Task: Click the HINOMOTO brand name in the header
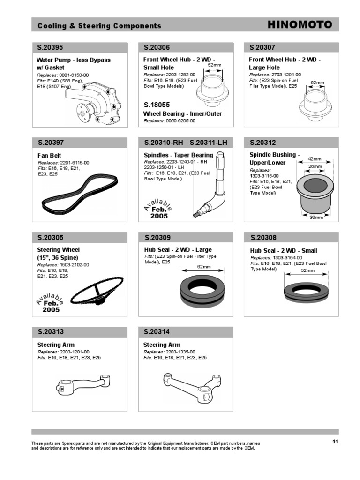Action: point(300,25)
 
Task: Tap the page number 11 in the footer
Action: point(335,442)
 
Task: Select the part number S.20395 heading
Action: point(50,48)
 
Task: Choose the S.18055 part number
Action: point(157,105)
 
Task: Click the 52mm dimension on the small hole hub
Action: point(214,65)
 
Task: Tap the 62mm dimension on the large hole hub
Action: point(317,83)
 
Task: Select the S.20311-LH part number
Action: point(208,142)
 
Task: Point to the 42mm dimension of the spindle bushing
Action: point(315,159)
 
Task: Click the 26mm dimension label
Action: point(315,166)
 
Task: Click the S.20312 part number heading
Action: point(263,142)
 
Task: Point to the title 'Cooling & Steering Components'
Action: point(99,26)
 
